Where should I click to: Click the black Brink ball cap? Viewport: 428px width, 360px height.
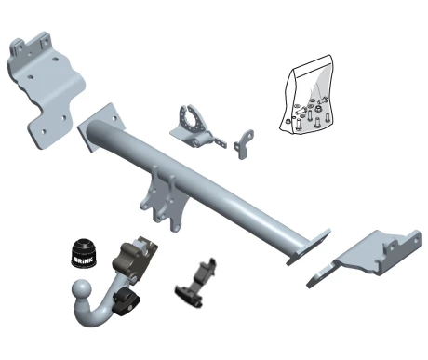84,253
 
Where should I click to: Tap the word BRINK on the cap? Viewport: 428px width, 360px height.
83,260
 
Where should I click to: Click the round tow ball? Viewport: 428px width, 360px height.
82,290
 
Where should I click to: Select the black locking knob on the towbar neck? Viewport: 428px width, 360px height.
126,300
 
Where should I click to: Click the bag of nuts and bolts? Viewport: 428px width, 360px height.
307,96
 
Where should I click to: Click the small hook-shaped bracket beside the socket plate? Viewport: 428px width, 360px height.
244,144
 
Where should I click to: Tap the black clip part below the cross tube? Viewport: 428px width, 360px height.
196,284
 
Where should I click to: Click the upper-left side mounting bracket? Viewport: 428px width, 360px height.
46,89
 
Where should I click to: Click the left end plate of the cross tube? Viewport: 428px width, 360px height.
100,127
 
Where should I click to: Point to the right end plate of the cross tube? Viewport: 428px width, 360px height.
308,247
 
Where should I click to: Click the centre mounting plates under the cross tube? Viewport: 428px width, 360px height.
164,199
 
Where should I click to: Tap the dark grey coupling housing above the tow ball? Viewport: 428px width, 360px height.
133,259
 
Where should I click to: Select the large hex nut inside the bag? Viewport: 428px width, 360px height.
317,109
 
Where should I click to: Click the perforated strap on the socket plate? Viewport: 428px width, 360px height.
220,142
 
